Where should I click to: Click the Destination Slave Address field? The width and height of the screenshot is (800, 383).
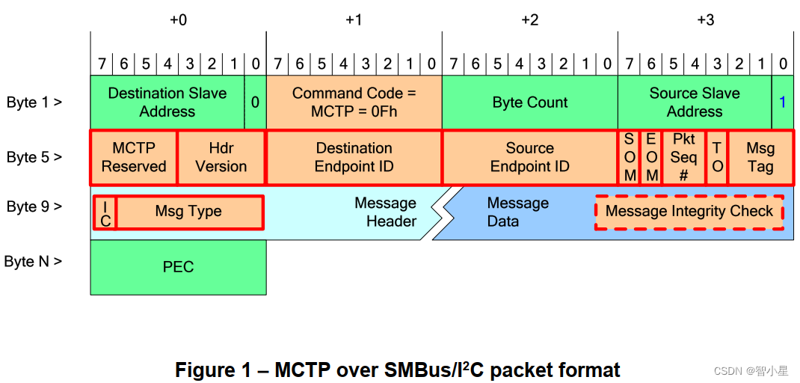click(167, 102)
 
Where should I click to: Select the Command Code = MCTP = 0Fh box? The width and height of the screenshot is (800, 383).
click(354, 102)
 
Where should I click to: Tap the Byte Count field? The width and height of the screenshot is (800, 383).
click(529, 102)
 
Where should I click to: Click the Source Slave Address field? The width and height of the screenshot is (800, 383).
click(694, 102)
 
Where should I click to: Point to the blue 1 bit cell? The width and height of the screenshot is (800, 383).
click(783, 102)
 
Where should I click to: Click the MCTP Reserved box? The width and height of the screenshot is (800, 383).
click(134, 158)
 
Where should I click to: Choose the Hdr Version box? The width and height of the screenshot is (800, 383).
click(221, 158)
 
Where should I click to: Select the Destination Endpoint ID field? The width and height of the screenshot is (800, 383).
click(354, 158)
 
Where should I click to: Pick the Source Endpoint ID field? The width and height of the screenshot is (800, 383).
click(529, 158)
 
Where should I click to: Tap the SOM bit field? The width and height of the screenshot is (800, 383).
click(630, 158)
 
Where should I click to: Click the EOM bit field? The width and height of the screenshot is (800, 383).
click(651, 158)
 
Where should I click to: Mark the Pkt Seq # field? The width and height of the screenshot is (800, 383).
click(683, 158)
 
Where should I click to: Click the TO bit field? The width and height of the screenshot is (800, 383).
click(717, 158)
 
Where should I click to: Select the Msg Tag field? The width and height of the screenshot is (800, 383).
click(760, 158)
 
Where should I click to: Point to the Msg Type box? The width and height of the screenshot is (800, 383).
click(189, 212)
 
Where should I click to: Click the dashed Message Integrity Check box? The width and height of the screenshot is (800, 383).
click(689, 212)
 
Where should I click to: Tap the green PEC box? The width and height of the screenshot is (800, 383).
click(178, 267)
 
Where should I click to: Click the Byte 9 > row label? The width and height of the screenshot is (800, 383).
click(34, 206)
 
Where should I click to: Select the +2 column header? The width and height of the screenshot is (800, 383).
click(529, 19)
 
